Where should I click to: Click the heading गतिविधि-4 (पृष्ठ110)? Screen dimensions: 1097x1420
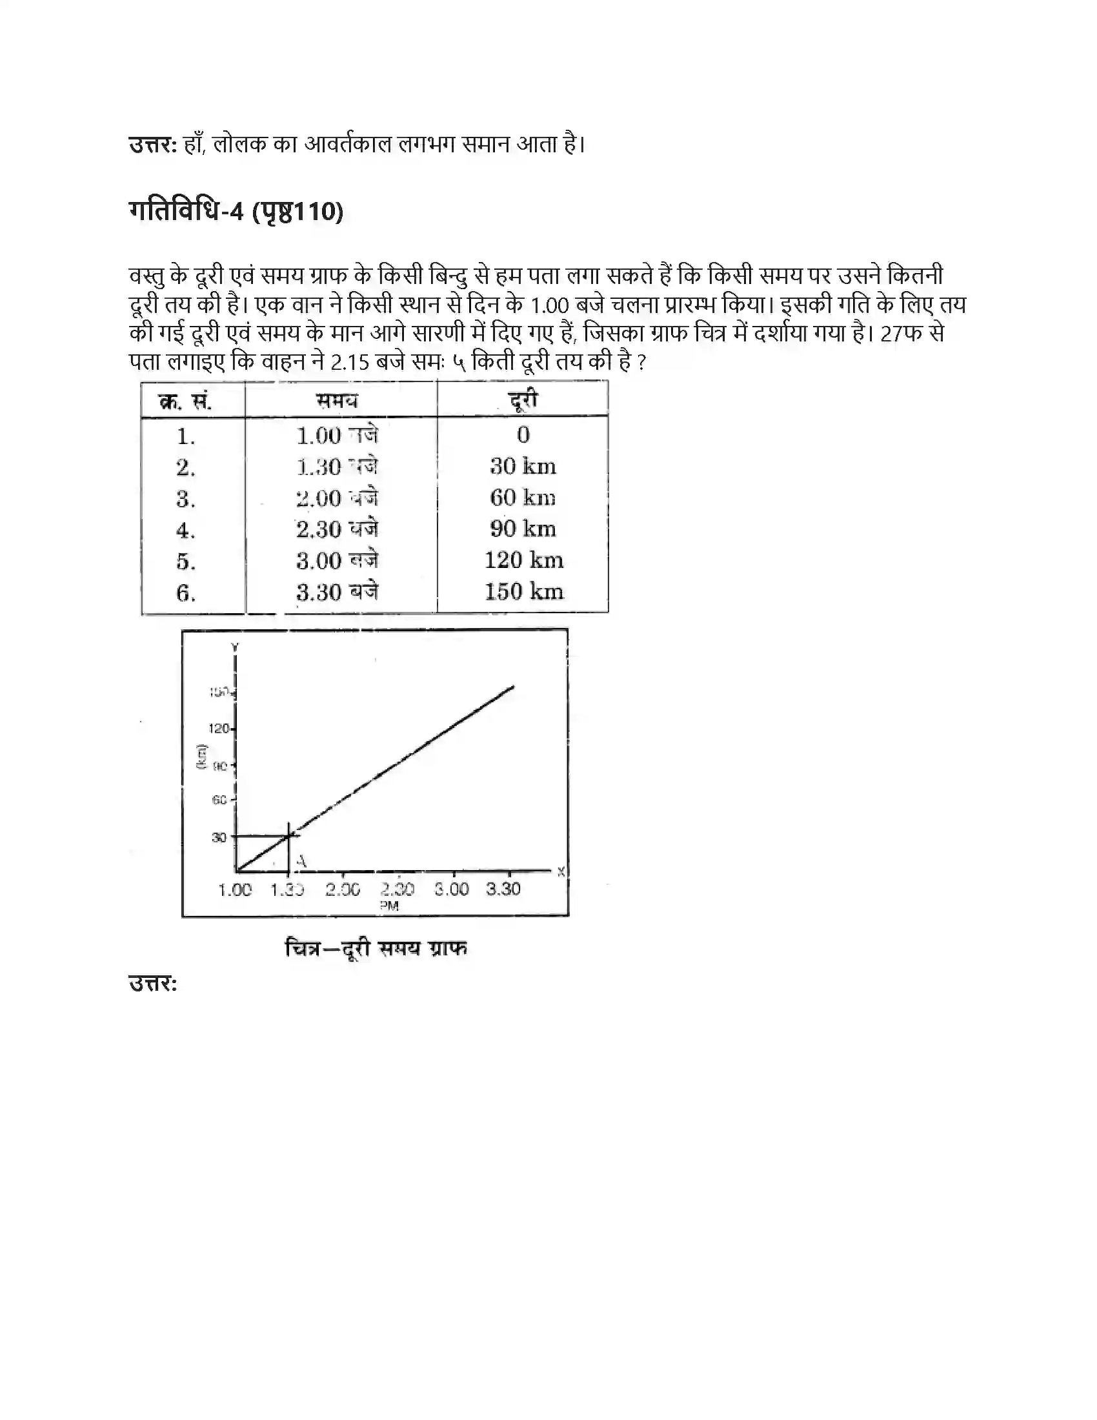click(236, 212)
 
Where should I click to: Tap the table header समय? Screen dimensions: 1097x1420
click(337, 401)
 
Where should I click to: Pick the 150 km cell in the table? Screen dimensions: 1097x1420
click(524, 592)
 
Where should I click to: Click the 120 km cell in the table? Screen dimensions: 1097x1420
click(524, 560)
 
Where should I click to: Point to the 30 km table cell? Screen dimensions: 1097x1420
click(523, 466)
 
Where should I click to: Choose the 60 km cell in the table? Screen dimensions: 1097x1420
click(523, 498)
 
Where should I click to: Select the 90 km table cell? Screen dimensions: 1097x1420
click(523, 529)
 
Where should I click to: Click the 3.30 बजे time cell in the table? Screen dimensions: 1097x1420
click(337, 593)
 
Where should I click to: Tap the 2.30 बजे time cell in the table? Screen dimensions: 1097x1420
click(337, 529)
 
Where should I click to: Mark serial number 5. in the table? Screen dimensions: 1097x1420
click(186, 561)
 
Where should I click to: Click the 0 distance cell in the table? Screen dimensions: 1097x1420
click(523, 435)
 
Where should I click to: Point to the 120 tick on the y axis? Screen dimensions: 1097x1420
click(219, 729)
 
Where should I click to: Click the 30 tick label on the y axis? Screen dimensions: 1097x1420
click(219, 837)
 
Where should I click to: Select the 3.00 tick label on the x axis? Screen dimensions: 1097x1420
click(452, 889)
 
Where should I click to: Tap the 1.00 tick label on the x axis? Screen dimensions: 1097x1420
click(235, 889)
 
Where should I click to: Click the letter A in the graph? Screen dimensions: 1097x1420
click(301, 862)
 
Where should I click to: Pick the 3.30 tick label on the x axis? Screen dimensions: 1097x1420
click(504, 889)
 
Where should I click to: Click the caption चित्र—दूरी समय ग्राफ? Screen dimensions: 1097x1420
click(376, 949)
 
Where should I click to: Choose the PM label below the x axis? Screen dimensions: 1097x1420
click(389, 906)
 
